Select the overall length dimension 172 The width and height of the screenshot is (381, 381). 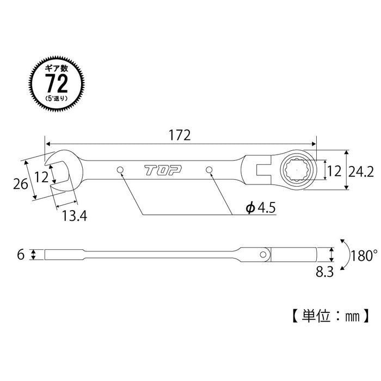pos(179,136)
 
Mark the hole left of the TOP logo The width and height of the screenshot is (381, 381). pos(119,171)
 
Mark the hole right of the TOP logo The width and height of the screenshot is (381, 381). pos(209,171)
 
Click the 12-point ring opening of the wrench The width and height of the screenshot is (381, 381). pos(296,170)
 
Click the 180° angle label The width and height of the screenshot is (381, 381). pos(364,254)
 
